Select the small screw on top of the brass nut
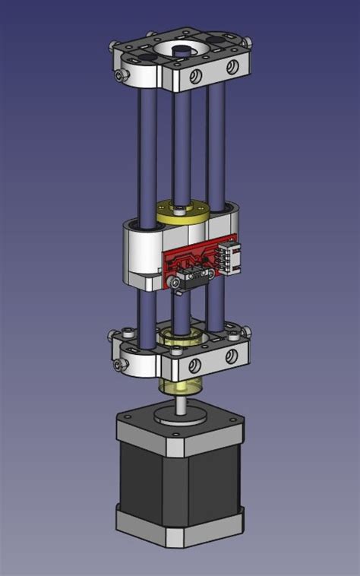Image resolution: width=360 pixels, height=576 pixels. point(175,205)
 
